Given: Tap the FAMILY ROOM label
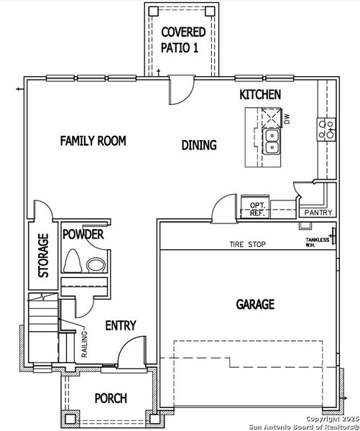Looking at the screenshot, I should click(93, 141).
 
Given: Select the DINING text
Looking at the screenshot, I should click(199, 145).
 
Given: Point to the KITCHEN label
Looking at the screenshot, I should click(260, 95).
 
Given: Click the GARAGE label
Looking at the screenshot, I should click(255, 305).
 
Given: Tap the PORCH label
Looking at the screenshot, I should click(111, 398).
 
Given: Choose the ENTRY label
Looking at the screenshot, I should click(121, 325).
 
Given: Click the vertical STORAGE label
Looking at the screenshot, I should click(43, 255).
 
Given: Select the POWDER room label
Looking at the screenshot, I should click(83, 235).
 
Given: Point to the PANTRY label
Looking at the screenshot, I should click(317, 213).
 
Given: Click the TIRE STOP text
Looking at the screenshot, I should click(248, 245).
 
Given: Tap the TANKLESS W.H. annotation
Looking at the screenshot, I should click(317, 242).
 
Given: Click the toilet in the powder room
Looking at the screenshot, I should click(73, 262).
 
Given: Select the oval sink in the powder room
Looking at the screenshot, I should click(96, 265).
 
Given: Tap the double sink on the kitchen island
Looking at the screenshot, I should click(272, 141).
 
